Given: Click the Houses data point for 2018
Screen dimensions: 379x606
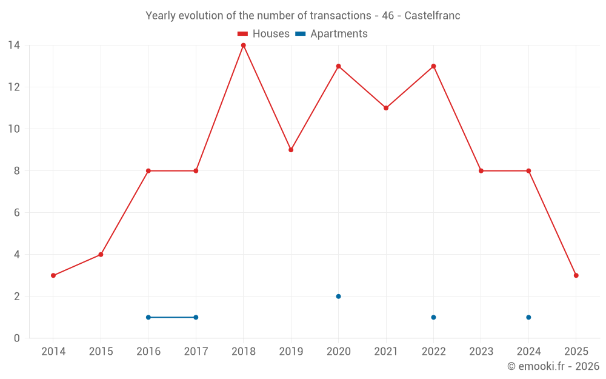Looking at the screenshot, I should point(244,45).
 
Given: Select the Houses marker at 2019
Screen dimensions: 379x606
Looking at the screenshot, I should point(291,150).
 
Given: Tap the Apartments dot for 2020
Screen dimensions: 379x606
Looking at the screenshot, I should point(338,297).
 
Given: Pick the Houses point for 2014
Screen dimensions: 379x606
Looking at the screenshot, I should point(53,275).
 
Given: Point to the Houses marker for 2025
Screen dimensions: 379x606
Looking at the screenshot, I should point(576,275).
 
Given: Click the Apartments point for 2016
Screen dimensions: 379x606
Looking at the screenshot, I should point(148,317).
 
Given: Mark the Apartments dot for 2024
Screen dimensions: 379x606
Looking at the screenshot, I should point(528,317).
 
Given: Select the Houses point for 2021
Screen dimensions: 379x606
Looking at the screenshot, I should point(386,108).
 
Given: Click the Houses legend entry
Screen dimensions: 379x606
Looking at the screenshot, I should point(264,34).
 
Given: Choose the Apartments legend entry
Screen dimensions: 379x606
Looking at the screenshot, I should point(331,34).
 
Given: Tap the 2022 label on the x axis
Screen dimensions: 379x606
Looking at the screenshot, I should point(433,352).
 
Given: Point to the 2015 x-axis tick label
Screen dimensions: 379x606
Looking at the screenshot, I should point(101,352).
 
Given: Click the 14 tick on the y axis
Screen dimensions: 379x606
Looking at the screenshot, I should point(14,45).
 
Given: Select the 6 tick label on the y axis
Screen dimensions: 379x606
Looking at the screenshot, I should point(17,213).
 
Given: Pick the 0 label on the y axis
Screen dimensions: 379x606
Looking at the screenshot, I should point(17,338).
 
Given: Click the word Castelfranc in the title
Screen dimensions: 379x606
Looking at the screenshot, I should point(432,16).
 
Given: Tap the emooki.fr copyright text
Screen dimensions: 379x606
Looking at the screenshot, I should point(553,366).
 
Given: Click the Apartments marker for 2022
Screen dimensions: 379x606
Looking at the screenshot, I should point(433,317).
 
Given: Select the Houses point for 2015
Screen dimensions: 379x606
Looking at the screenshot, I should point(101,255).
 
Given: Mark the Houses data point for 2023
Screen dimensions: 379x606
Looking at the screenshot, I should point(481,171).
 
